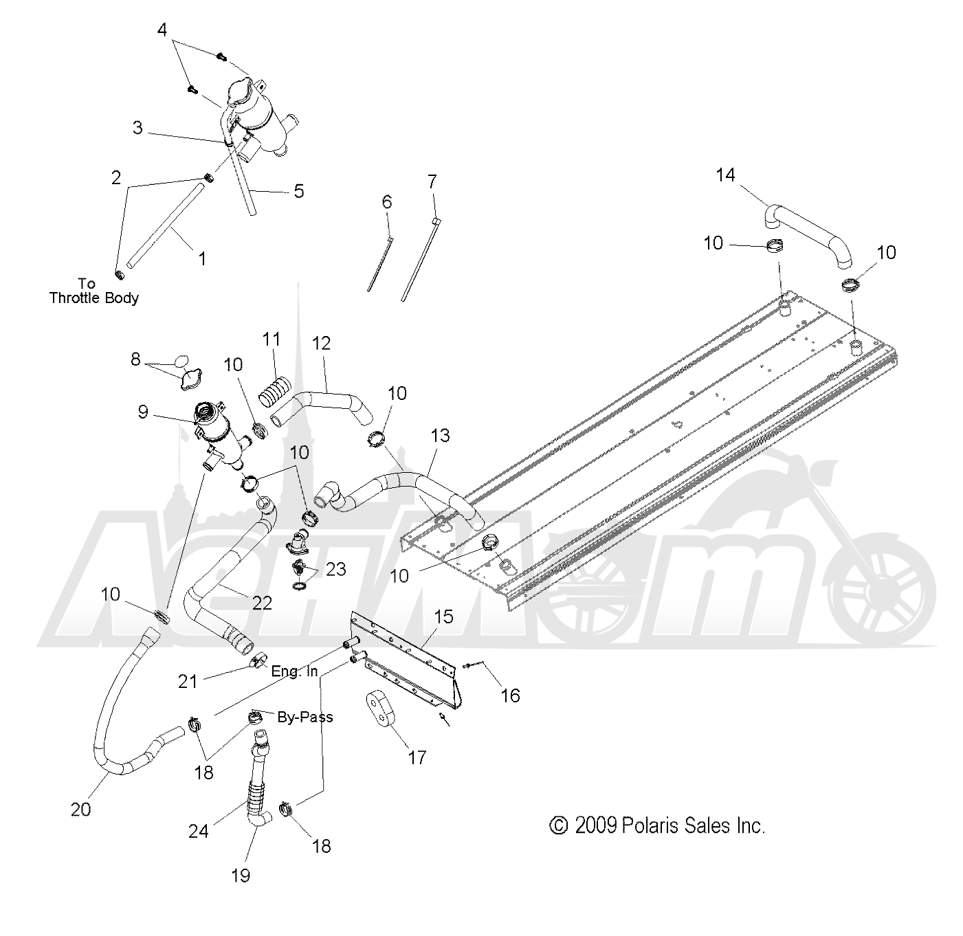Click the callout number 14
pyautogui.click(x=726, y=175)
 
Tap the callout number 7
pyautogui.click(x=432, y=181)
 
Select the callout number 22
pyautogui.click(x=262, y=603)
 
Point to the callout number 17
pyautogui.click(x=417, y=757)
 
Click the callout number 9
pyautogui.click(x=142, y=412)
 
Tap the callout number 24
pyautogui.click(x=198, y=832)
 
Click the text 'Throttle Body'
pyautogui.click(x=94, y=298)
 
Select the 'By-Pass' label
pyautogui.click(x=305, y=717)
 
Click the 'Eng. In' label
pyautogui.click(x=294, y=671)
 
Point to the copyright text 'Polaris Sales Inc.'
pyautogui.click(x=693, y=825)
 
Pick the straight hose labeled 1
pyautogui.click(x=166, y=225)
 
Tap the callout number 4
pyautogui.click(x=162, y=30)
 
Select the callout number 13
pyautogui.click(x=440, y=435)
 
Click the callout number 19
pyautogui.click(x=241, y=876)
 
